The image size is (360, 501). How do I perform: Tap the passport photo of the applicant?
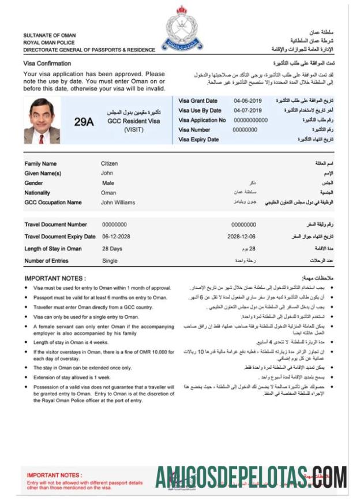[x=42, y=121]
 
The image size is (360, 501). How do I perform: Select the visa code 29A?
[x=84, y=122]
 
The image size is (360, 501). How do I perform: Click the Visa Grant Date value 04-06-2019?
[x=247, y=101]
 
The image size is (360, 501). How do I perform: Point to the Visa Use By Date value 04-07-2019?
[x=247, y=110]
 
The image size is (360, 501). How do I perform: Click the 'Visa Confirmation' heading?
[x=47, y=63]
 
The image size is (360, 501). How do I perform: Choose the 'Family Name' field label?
[x=40, y=163]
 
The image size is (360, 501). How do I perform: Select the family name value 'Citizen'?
[x=109, y=163]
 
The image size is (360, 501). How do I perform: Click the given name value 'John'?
[x=107, y=173]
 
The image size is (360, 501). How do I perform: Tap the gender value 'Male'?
[x=108, y=183]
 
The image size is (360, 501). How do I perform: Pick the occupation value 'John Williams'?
[x=118, y=203]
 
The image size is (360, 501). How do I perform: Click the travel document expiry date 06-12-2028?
[x=116, y=237]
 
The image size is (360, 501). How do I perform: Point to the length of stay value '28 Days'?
[x=112, y=249]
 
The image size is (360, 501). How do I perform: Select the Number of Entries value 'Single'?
[x=110, y=261]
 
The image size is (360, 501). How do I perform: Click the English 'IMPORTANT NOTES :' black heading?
[x=55, y=278]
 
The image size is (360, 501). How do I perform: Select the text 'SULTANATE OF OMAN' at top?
[x=49, y=35]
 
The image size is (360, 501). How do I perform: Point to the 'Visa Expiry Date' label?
[x=198, y=140]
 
